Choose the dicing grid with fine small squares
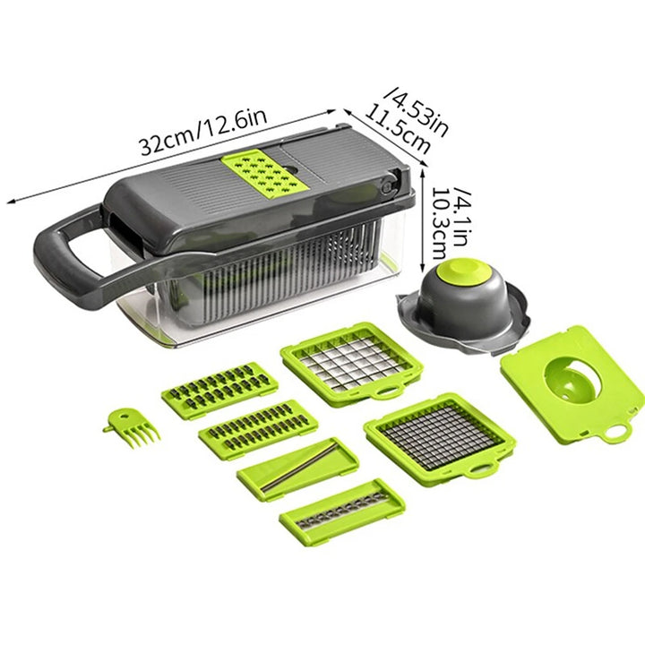tap(438, 435)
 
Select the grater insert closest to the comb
tap(219, 389)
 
